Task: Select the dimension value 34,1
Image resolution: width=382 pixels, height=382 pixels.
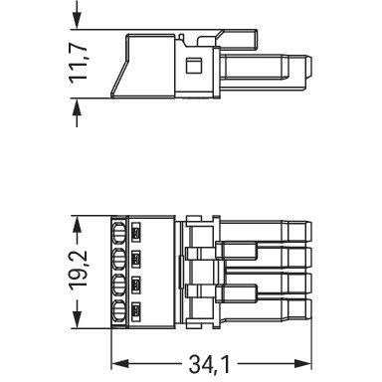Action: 210,364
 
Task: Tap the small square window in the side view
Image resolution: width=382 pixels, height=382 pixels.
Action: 194,66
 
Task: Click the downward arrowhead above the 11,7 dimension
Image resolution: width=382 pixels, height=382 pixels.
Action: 77,21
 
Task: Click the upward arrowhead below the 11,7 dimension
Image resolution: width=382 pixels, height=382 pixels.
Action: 77,106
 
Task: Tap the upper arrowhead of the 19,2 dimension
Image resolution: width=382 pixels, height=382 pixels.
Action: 77,226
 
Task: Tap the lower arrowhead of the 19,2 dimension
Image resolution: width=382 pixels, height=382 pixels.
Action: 77,319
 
